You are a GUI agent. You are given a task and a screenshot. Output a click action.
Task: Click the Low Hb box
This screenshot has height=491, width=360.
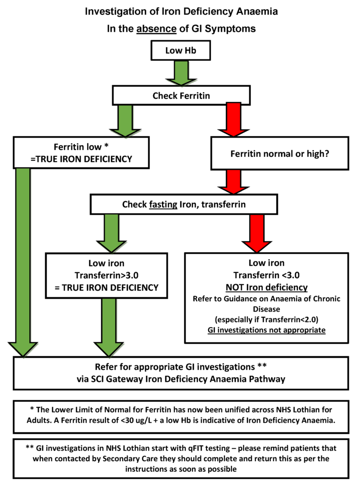coord(180,51)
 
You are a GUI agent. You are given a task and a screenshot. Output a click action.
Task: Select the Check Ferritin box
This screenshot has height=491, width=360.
coord(181,96)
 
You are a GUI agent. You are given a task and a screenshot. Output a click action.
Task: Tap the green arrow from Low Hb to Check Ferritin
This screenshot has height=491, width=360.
coord(181,73)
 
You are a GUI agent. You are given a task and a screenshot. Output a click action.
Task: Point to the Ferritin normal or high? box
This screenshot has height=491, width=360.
coord(279,154)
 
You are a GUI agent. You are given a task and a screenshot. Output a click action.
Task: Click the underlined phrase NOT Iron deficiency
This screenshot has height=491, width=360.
coord(267,288)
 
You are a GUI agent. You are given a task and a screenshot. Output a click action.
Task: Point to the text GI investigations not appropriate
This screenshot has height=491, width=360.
coord(267,330)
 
